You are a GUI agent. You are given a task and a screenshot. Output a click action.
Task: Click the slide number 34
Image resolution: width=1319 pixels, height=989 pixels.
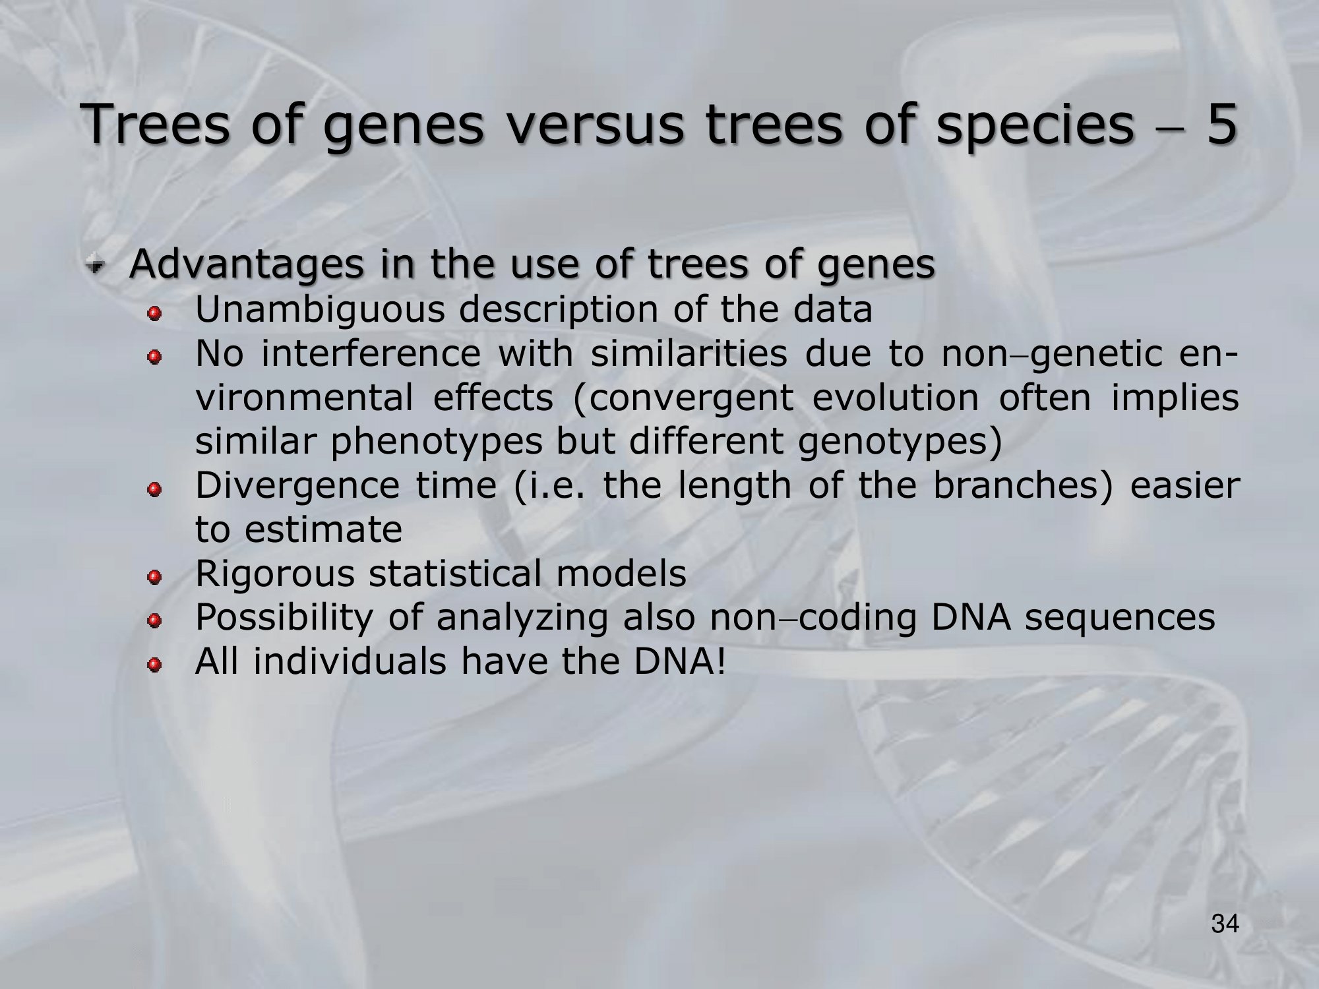[x=1225, y=924]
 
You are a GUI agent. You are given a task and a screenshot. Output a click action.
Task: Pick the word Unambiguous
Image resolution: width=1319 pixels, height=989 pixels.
[x=321, y=310]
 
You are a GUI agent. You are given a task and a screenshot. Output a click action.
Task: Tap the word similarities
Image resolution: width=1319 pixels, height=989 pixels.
[x=689, y=353]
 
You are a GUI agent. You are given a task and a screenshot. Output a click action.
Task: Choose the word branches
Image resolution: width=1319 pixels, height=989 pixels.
[x=1022, y=486]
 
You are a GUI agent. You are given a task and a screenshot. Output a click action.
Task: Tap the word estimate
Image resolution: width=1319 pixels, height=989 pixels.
[x=323, y=529]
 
